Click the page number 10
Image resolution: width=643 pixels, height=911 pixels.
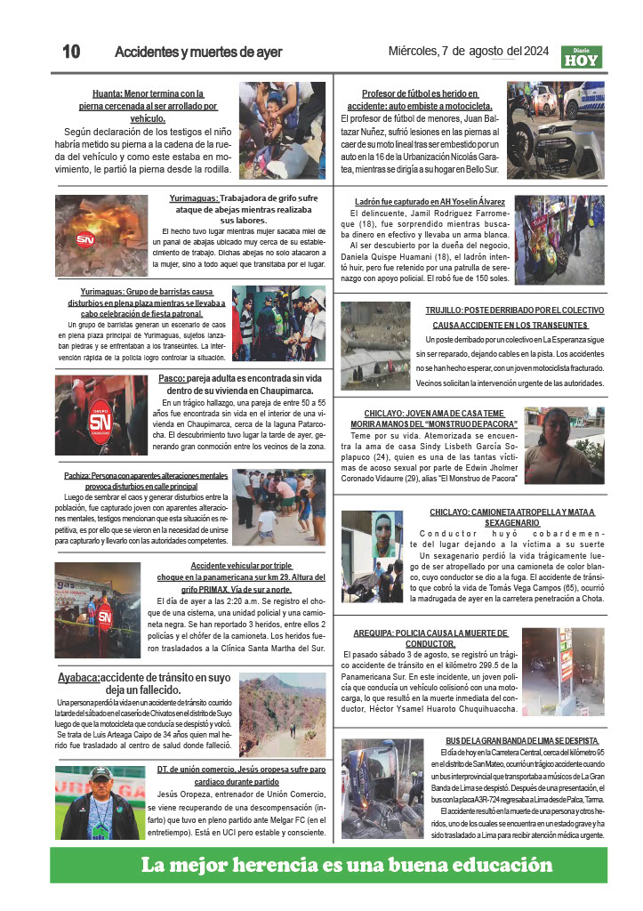point(71,52)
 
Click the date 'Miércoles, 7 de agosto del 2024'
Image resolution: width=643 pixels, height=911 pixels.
point(469,51)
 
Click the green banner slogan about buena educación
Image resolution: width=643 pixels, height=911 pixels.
point(346,865)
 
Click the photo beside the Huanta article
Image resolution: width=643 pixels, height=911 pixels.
point(282,118)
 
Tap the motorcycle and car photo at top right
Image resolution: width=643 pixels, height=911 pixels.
point(556,125)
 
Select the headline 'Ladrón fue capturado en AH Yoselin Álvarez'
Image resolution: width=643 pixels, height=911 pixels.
point(430,202)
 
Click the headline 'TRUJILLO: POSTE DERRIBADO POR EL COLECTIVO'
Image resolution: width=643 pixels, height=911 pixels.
point(515,310)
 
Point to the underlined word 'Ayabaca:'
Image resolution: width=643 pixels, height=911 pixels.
point(78,677)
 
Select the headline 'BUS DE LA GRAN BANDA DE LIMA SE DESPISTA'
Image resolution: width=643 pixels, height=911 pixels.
point(522,740)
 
